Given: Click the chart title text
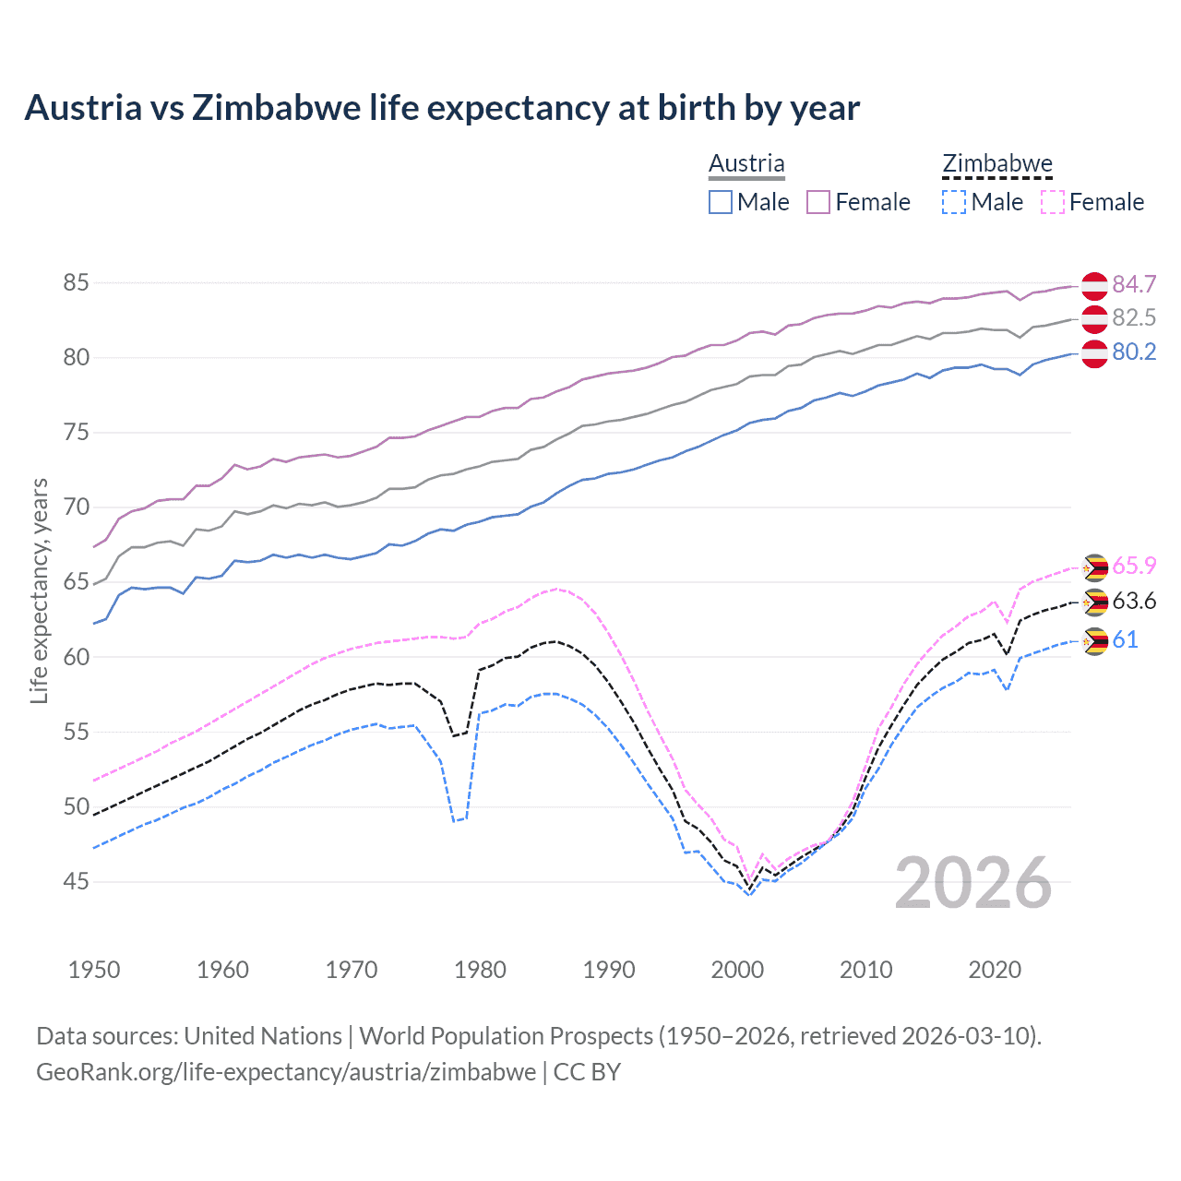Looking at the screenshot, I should (442, 108).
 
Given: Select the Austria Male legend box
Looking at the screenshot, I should (721, 202).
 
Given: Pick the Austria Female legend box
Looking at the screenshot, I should (818, 202).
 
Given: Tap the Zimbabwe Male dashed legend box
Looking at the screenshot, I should (954, 202).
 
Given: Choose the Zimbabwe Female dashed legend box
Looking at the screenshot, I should (1052, 202).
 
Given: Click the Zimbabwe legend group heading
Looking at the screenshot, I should (996, 164).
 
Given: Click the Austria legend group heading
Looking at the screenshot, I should (746, 164).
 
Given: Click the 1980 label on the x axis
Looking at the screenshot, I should (480, 970).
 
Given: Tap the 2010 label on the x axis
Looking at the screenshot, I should (865, 970).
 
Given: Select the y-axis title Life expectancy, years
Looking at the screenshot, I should (39, 590).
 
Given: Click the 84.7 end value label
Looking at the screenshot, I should (1134, 284).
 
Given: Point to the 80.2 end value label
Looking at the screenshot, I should (1134, 352).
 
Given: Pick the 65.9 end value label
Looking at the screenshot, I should (1134, 566).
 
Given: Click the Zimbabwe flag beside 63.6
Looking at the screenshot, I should (1094, 602).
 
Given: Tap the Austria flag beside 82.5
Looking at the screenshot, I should (1094, 319).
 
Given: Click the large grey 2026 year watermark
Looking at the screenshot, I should (973, 883).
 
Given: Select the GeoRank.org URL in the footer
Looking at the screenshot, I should (286, 1072).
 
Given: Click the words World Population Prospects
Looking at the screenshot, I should (506, 1036).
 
